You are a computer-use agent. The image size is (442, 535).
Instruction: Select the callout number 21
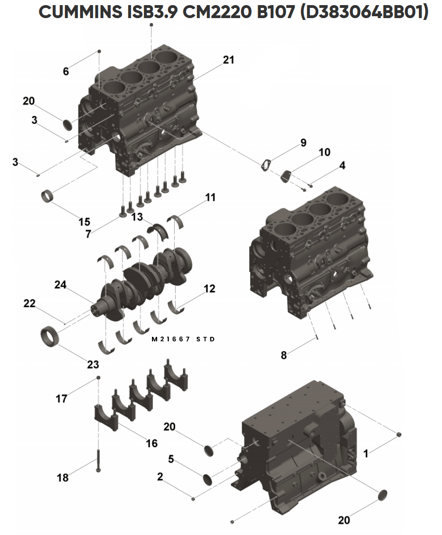pos(229,60)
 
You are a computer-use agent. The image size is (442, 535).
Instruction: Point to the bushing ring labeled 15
pos(48,197)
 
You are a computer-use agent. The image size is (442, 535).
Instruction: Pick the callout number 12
pos(209,289)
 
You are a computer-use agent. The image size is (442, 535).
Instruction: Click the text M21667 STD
pos(183,339)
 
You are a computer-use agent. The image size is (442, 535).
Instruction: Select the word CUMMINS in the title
pos(81,12)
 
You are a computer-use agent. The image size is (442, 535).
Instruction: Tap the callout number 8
pos(284,355)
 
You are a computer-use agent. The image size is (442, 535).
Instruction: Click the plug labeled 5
pos(208,479)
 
